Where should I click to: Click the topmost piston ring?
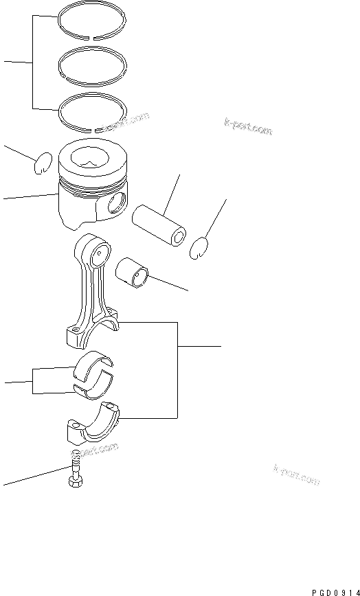pyautogui.click(x=91, y=13)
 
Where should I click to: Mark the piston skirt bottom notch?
pyautogui.click(x=76, y=223)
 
